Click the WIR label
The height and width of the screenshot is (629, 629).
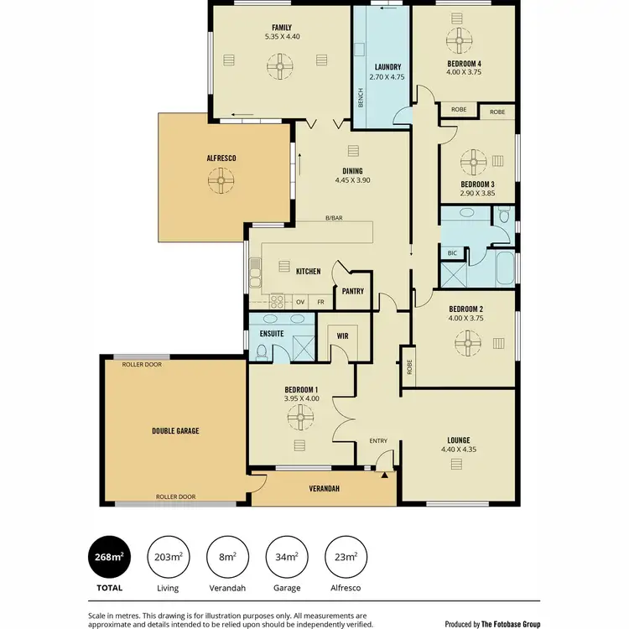click(342, 335)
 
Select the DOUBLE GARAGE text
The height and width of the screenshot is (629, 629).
click(175, 430)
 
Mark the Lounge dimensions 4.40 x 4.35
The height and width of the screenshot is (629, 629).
click(458, 450)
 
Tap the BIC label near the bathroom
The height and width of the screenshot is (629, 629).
click(452, 252)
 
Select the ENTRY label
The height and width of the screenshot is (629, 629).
click(379, 441)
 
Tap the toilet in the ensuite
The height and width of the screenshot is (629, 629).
click(263, 355)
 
